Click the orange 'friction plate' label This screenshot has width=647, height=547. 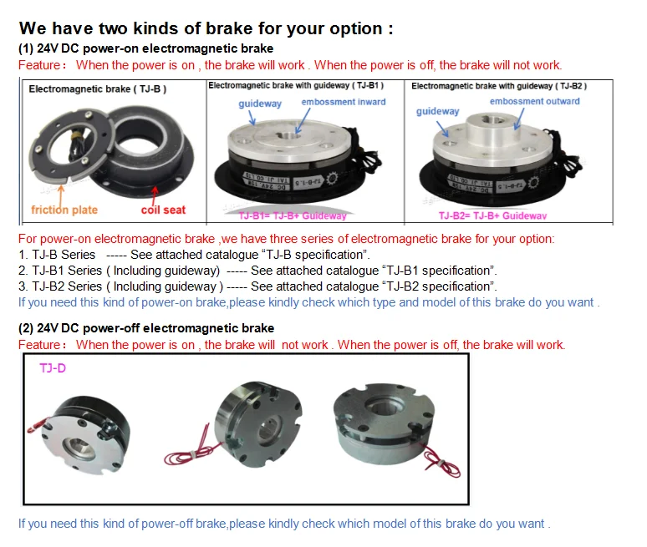64,210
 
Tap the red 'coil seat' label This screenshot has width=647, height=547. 162,210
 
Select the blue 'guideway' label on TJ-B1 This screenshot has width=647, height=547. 260,104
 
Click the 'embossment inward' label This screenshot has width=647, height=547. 344,102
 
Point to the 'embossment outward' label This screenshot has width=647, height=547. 534,101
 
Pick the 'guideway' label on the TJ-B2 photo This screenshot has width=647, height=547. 437,111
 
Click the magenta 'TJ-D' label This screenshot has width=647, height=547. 53,367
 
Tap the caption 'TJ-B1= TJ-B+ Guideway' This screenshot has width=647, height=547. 293,215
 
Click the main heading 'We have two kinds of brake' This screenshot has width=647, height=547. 206,29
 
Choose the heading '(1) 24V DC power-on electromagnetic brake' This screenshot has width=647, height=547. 146,48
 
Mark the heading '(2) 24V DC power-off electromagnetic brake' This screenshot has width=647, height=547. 146,328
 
